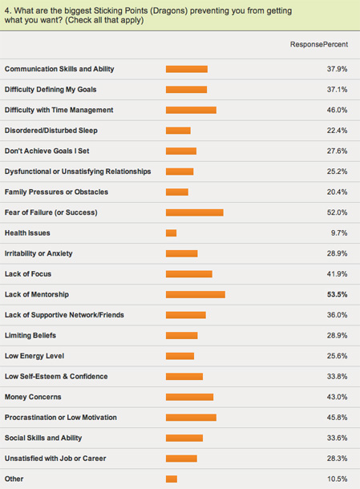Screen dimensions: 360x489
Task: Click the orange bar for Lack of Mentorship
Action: click(x=196, y=294)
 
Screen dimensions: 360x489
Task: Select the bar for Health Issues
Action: click(x=171, y=233)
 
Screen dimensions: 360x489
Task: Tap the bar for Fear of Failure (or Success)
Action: click(x=195, y=212)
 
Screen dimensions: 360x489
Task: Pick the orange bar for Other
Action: click(x=172, y=479)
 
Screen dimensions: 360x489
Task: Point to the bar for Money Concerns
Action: click(x=190, y=397)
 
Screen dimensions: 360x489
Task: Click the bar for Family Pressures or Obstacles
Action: click(x=177, y=192)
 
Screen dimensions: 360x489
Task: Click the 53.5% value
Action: click(x=337, y=294)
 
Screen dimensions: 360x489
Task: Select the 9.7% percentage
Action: click(x=339, y=233)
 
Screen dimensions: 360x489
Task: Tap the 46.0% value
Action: click(x=337, y=110)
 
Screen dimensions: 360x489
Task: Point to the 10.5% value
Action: click(x=337, y=479)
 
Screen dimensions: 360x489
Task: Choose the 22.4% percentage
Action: click(x=337, y=131)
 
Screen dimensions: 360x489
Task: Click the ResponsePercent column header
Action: click(x=319, y=45)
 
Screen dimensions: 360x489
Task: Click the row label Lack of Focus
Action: click(x=28, y=274)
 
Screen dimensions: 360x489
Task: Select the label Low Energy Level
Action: click(x=34, y=356)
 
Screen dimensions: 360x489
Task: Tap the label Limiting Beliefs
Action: click(x=30, y=336)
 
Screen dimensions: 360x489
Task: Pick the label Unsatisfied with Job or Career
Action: click(x=55, y=459)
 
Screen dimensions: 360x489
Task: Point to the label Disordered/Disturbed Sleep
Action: click(x=51, y=131)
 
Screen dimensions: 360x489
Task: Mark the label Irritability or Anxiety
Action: click(x=38, y=253)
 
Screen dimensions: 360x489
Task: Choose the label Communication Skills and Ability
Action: click(x=59, y=69)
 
